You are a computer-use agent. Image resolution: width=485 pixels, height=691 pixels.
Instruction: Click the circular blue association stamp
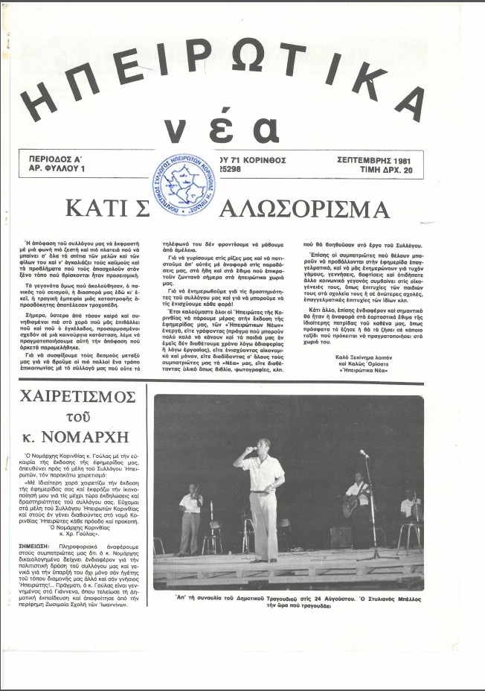tap(185, 182)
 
